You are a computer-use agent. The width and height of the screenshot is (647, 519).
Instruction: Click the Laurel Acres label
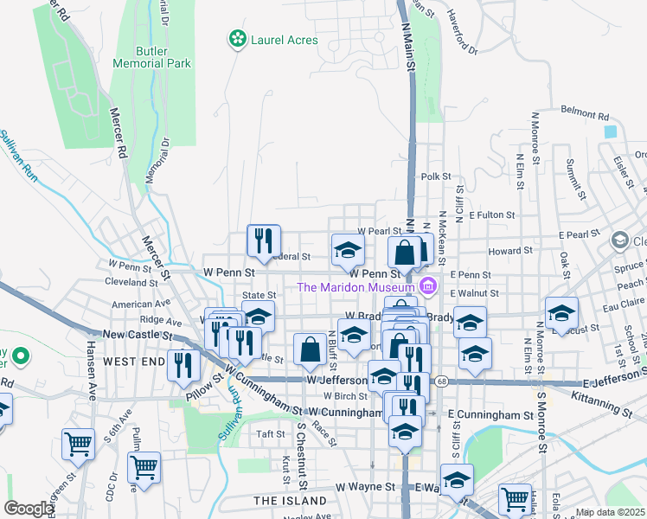[284, 40]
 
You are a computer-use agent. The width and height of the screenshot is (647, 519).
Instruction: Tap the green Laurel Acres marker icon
[236, 39]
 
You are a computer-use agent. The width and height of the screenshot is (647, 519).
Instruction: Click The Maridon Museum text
[356, 287]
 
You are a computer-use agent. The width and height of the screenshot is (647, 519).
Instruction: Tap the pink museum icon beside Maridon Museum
[426, 286]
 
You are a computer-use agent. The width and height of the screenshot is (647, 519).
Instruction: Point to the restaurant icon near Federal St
[264, 241]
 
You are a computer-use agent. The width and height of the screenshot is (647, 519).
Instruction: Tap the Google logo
[28, 509]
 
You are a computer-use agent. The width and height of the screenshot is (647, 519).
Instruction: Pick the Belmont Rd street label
[585, 113]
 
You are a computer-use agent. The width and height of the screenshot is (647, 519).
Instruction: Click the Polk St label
[436, 176]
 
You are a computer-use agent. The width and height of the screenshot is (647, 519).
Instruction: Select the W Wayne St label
[365, 488]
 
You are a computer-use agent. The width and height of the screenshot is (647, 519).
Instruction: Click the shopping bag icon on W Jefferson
[310, 349]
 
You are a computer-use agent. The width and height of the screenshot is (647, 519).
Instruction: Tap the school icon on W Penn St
[348, 251]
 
